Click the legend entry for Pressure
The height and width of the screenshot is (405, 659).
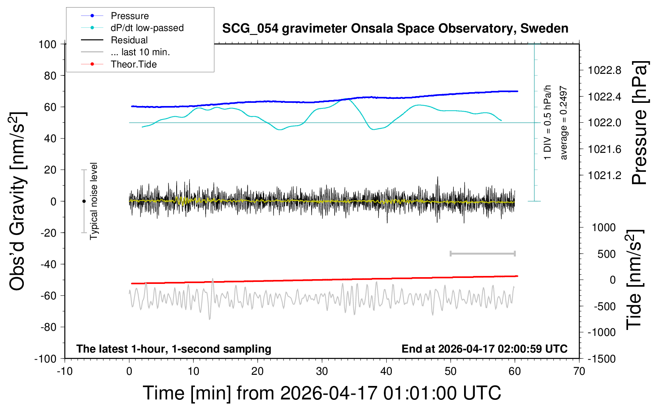pyautogui.click(x=129, y=16)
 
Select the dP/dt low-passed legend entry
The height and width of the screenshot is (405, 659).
pyautogui.click(x=147, y=28)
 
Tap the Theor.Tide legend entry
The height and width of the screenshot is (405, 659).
pyautogui.click(x=133, y=64)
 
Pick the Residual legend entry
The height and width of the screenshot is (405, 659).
pyautogui.click(x=129, y=40)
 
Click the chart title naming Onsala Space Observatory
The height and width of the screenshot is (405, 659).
pyautogui.click(x=395, y=29)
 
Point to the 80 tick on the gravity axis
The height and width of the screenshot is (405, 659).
pyautogui.click(x=50, y=75)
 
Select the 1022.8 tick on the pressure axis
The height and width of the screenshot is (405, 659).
pyautogui.click(x=605, y=70)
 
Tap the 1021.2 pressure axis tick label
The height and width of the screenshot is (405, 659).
pyautogui.click(x=605, y=175)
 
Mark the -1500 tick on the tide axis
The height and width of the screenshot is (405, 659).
pyautogui.click(x=601, y=359)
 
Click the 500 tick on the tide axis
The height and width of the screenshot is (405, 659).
pyautogui.click(x=606, y=254)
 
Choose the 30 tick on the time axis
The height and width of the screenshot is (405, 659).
pyautogui.click(x=322, y=371)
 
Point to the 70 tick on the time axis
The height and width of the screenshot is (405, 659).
pyautogui.click(x=579, y=371)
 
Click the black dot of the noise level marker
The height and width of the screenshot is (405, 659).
pyautogui.click(x=84, y=201)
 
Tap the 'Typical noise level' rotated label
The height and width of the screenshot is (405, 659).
pyautogui.click(x=94, y=201)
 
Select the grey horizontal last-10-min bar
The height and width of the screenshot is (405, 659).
pyautogui.click(x=482, y=253)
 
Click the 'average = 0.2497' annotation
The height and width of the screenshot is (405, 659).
pyautogui.click(x=564, y=123)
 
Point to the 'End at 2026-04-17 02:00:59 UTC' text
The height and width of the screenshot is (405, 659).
pyautogui.click(x=484, y=349)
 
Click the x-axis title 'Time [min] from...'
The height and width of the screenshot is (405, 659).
pyautogui.click(x=322, y=393)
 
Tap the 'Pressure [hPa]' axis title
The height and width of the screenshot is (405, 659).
pyautogui.click(x=639, y=123)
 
